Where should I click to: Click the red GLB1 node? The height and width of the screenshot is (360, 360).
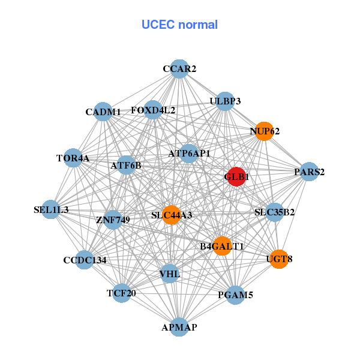236,177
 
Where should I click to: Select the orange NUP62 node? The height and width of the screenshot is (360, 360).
264,131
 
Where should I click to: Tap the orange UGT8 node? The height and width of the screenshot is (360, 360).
279,259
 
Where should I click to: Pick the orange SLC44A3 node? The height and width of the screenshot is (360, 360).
172,215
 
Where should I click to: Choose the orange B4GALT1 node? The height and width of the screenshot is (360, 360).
222,246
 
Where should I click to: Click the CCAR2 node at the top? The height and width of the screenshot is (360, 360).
179,69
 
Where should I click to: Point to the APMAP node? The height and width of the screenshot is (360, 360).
179,327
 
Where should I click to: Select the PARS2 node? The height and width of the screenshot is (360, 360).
309,172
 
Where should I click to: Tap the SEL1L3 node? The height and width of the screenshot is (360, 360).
51,210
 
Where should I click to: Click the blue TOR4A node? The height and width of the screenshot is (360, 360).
73,158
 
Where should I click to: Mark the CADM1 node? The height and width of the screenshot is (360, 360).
103,112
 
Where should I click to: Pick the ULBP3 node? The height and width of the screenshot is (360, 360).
225,101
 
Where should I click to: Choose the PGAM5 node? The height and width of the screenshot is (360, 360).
235,295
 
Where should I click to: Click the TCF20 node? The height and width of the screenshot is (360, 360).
122,293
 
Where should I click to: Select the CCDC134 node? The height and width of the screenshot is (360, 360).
85,260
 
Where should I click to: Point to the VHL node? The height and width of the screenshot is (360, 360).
170,274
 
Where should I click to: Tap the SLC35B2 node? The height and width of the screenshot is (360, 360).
274,212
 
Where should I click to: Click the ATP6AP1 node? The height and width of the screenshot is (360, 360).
189,154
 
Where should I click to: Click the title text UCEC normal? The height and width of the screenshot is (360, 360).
179,25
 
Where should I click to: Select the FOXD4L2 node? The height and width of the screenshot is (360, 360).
153,110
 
